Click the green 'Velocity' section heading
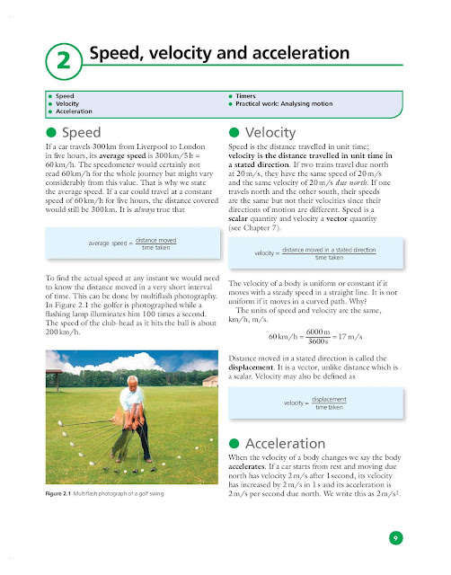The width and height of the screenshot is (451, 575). (270, 132)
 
